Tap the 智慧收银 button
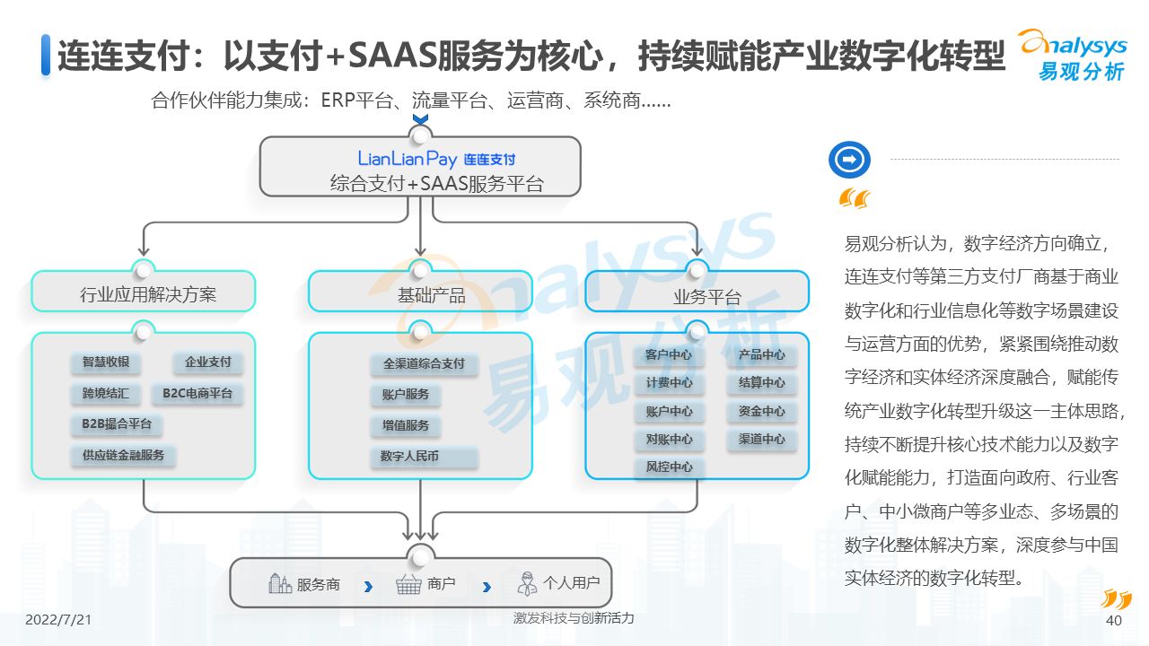click(x=106, y=362)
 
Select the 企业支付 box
click(x=208, y=362)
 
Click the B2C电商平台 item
click(x=197, y=393)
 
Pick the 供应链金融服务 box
click(x=124, y=455)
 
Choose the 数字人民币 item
click(x=409, y=457)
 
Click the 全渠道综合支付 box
click(x=424, y=363)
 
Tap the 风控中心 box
click(x=669, y=467)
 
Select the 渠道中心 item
click(x=762, y=439)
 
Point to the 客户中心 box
click(x=669, y=354)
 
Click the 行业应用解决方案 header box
click(x=144, y=293)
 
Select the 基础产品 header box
click(x=420, y=293)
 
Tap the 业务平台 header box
click(x=697, y=293)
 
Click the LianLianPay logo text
click(x=408, y=159)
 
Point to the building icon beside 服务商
click(x=280, y=584)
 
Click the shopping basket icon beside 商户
click(x=408, y=585)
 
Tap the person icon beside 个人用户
click(x=527, y=584)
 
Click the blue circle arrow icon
click(x=849, y=160)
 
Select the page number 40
click(x=1113, y=621)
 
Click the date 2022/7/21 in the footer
click(x=58, y=620)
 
